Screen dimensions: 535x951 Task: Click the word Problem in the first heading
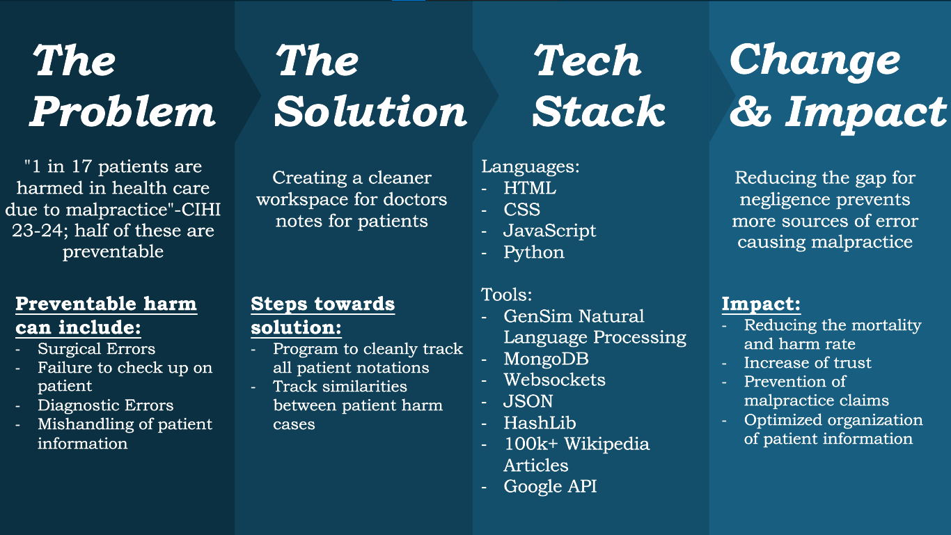point(123,111)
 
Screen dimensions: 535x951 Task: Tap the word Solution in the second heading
point(370,111)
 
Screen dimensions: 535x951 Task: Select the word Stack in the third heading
point(599,111)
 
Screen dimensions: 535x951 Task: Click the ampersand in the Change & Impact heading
point(750,111)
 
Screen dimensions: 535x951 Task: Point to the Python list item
point(534,252)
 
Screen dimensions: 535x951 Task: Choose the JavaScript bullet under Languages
point(549,231)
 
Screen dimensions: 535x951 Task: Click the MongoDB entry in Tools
point(546,359)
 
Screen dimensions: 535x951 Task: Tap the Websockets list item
point(554,380)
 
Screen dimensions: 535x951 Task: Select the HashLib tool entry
point(540,422)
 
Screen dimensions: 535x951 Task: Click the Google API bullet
point(550,486)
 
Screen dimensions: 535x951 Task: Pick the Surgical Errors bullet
point(96,349)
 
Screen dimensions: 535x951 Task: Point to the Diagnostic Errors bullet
point(105,405)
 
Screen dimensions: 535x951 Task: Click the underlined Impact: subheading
point(761,304)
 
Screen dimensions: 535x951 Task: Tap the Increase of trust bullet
point(808,363)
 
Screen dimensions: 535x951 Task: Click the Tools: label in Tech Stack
point(506,295)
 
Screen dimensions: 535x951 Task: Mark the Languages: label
point(530,167)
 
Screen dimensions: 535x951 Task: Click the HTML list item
point(530,188)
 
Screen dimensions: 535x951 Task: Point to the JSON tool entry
point(528,401)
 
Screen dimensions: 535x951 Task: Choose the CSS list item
point(521,210)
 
